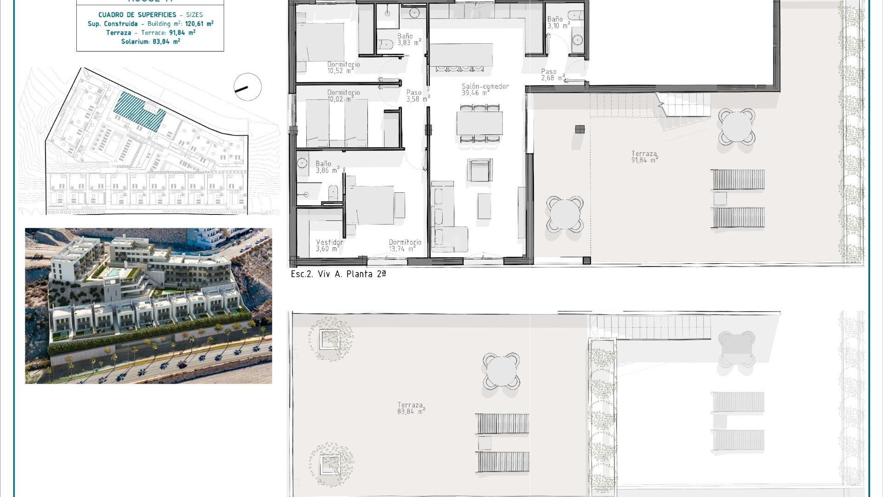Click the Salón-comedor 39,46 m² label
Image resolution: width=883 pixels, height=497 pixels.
pos(485,90)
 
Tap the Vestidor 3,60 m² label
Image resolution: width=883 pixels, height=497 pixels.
pos(329,246)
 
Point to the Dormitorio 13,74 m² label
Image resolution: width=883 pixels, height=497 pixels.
pos(405,246)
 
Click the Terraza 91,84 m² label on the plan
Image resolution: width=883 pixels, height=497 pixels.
pos(644,157)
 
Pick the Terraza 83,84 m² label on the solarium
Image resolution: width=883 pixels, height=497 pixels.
pos(411,409)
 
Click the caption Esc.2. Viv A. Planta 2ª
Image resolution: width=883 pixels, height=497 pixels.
pos(338,274)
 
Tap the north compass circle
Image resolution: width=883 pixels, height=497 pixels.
pos(247,87)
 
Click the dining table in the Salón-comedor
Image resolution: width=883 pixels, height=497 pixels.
pos(479,123)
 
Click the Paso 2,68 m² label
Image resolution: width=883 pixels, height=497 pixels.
pos(553,75)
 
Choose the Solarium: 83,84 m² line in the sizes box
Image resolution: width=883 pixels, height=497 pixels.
pos(150,42)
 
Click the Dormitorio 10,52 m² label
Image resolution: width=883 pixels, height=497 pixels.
pos(343,68)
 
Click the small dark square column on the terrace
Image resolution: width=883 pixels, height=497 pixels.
pos(580,129)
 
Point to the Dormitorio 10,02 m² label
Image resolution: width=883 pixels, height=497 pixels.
pos(343,96)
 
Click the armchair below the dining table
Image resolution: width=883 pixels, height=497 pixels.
pos(480,170)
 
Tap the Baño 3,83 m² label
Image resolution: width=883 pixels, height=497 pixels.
pos(409,40)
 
